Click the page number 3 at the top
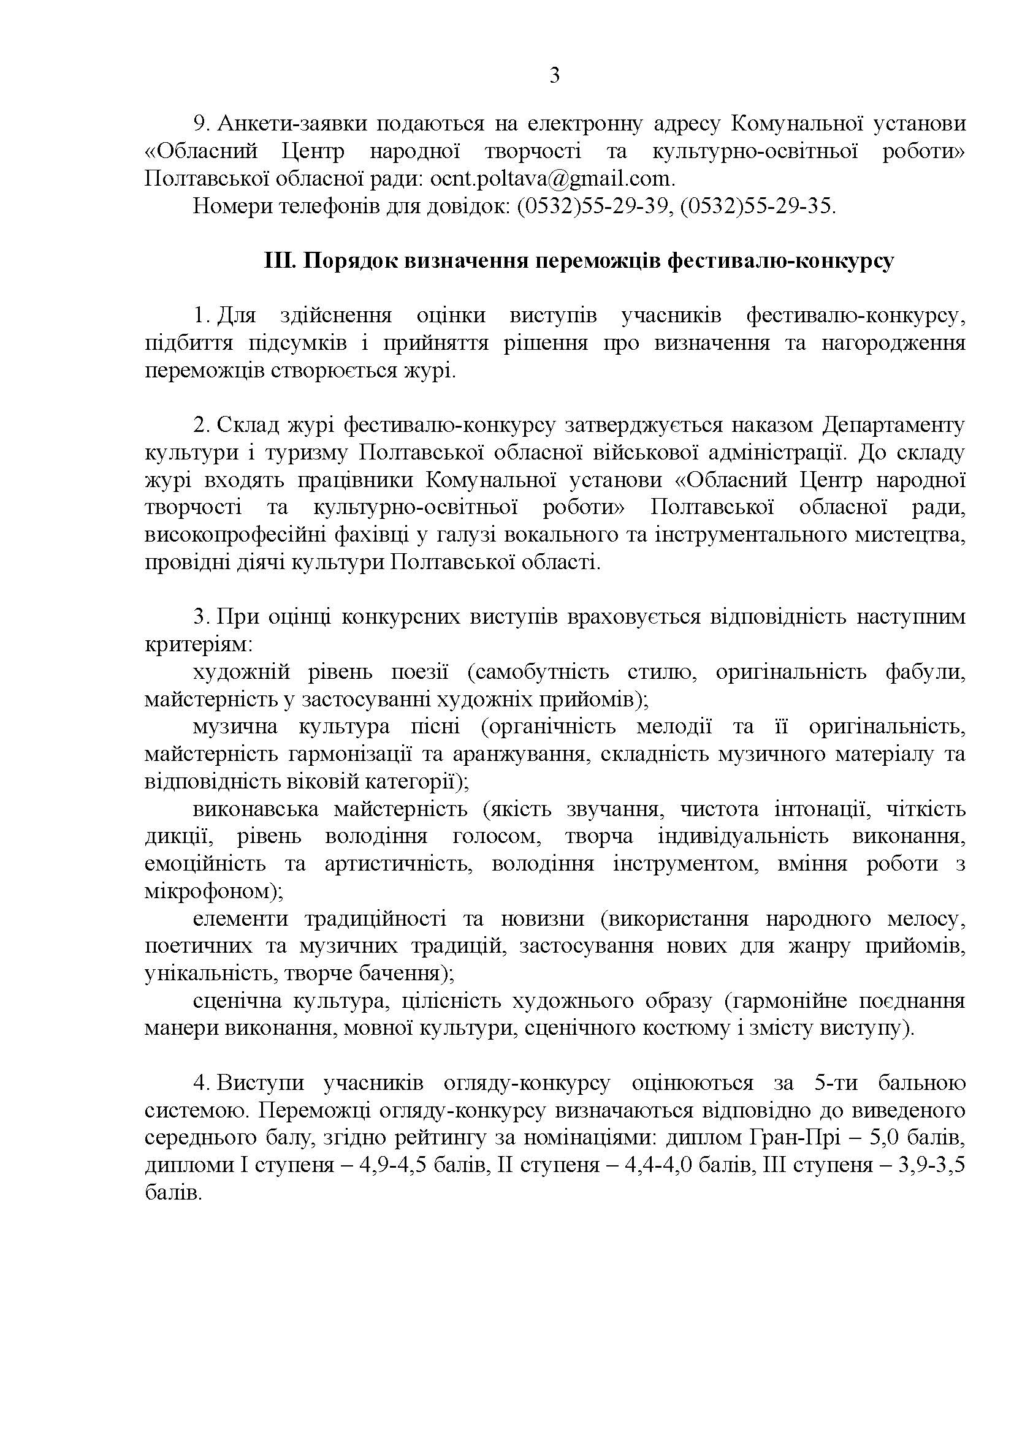point(554,76)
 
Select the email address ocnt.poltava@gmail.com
point(552,179)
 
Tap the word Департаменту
point(893,426)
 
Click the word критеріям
point(198,645)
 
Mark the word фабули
point(925,672)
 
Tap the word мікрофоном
point(210,892)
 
